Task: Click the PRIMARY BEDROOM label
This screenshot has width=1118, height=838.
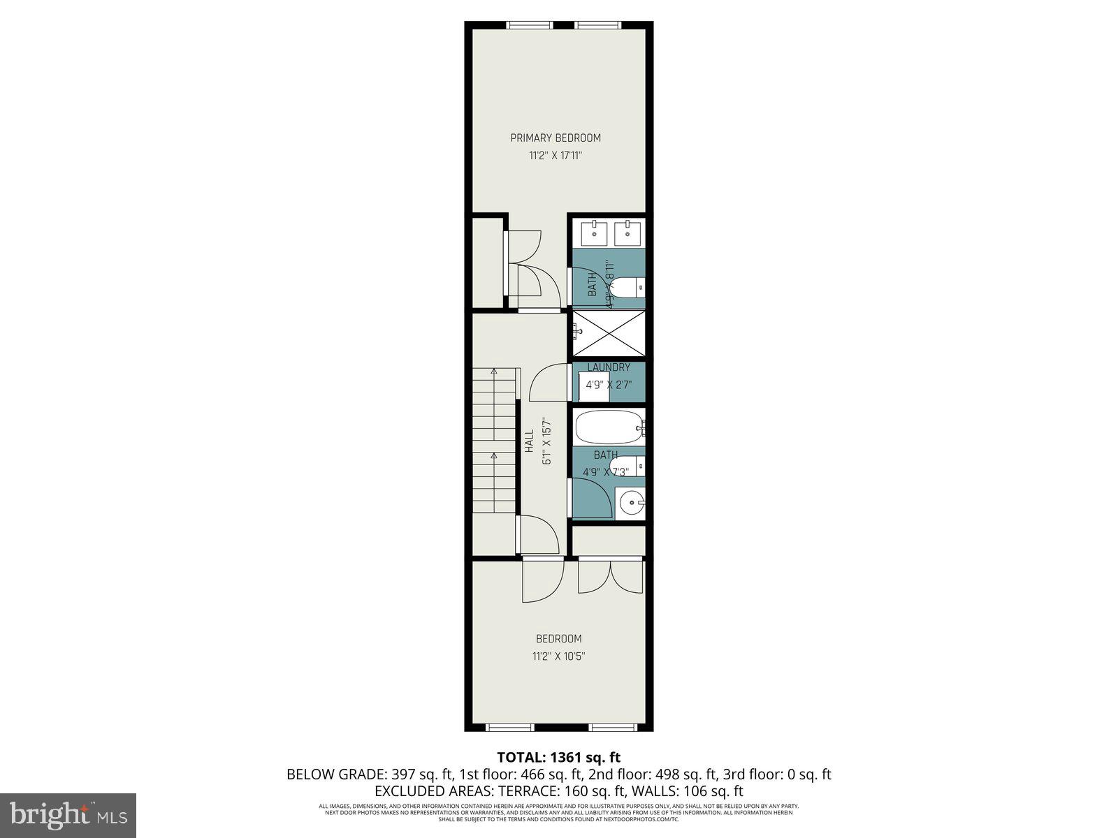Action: (555, 138)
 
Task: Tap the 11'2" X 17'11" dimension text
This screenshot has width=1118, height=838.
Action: (555, 156)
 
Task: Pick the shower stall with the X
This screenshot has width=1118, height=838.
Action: (609, 335)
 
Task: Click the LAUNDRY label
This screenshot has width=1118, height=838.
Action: (609, 367)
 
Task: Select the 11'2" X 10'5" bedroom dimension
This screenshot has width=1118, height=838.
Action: (558, 656)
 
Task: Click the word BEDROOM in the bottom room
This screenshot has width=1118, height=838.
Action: (558, 638)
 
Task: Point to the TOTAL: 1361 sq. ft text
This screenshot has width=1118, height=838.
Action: (558, 757)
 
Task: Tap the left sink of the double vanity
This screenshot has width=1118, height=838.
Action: (595, 233)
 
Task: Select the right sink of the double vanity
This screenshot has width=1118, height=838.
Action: (628, 233)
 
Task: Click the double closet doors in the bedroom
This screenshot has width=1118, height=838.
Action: (610, 578)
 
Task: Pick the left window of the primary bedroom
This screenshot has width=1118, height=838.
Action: (530, 26)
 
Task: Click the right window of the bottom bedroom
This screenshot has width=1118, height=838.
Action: (613, 728)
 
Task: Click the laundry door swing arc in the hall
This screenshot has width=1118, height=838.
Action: (547, 383)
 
